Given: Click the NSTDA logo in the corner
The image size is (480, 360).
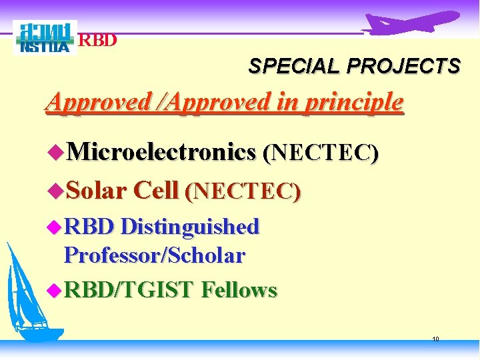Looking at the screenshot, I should tap(45, 38).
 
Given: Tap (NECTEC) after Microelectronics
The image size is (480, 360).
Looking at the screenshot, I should tap(321, 153).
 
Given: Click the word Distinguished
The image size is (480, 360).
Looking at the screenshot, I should tap(191, 227).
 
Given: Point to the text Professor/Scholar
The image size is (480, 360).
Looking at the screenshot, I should tap(155, 255).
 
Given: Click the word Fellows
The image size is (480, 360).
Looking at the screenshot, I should tap(239, 289).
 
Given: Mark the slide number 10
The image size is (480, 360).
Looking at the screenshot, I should tap(435, 339).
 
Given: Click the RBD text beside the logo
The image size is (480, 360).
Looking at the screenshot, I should tap(98, 40).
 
